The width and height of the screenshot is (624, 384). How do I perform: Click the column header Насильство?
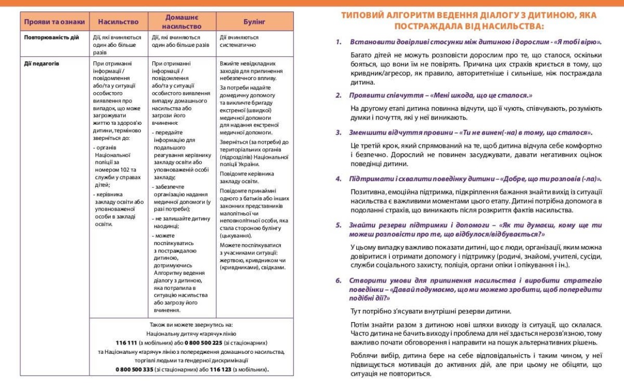[119, 22]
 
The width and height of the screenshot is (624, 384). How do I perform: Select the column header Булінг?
[254, 22]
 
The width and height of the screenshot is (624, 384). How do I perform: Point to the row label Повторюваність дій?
[51, 37]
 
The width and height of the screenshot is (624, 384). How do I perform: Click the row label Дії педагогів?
[42, 63]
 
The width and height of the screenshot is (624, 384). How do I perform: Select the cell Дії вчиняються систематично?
[239, 41]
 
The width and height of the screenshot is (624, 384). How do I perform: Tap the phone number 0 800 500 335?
[134, 369]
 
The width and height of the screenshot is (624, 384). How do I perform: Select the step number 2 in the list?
[338, 95]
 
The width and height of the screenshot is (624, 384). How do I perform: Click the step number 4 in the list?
[338, 179]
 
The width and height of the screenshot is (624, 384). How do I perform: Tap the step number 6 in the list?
[338, 280]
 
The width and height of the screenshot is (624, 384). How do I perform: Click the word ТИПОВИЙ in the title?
[363, 15]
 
